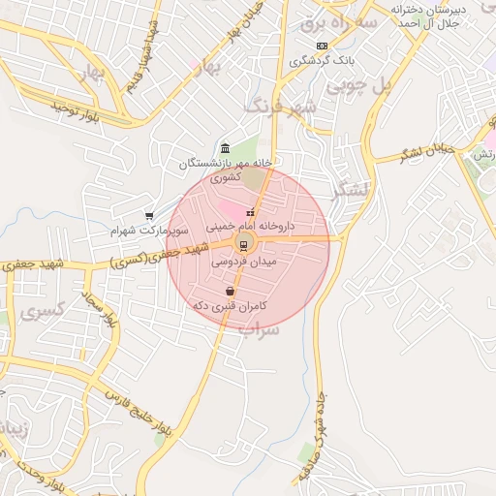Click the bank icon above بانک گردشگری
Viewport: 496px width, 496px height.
[322, 46]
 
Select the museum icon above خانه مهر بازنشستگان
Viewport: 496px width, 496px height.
[226, 148]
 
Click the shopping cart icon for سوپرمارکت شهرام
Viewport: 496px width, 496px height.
[148, 216]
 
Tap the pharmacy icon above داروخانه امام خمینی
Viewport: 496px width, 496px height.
[251, 212]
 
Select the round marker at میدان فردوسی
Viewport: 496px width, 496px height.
[243, 242]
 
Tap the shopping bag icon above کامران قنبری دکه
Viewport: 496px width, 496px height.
[230, 291]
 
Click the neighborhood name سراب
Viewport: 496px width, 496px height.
[261, 330]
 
